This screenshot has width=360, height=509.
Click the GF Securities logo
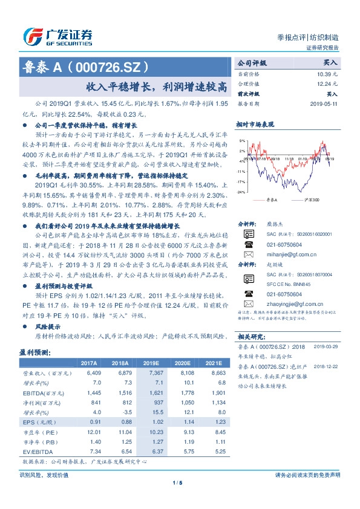(x=57, y=36)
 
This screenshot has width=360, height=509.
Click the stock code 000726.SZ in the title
(x=108, y=66)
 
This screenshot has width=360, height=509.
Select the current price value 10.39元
(x=327, y=73)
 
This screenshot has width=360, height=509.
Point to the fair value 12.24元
(x=327, y=83)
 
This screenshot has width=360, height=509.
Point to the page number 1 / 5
(x=177, y=482)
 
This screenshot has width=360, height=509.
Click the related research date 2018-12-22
(x=326, y=366)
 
